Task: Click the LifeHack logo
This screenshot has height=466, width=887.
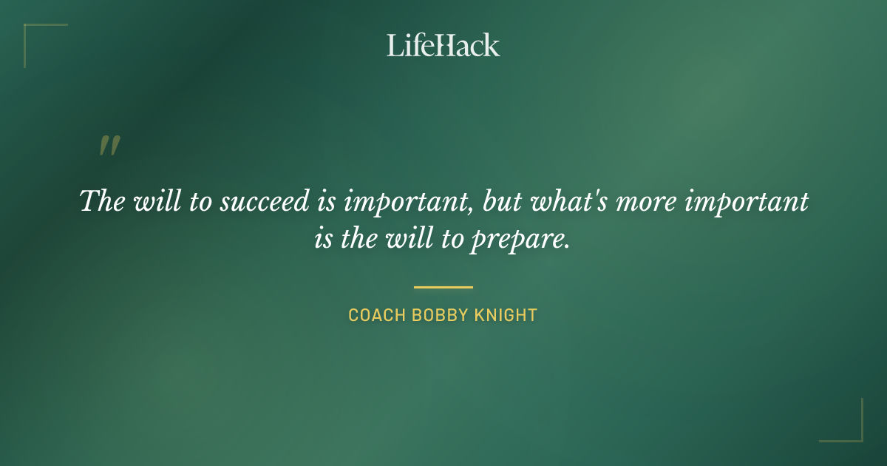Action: click(x=443, y=45)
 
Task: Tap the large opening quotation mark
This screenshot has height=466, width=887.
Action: click(x=109, y=146)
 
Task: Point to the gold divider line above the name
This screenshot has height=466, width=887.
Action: click(x=443, y=287)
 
